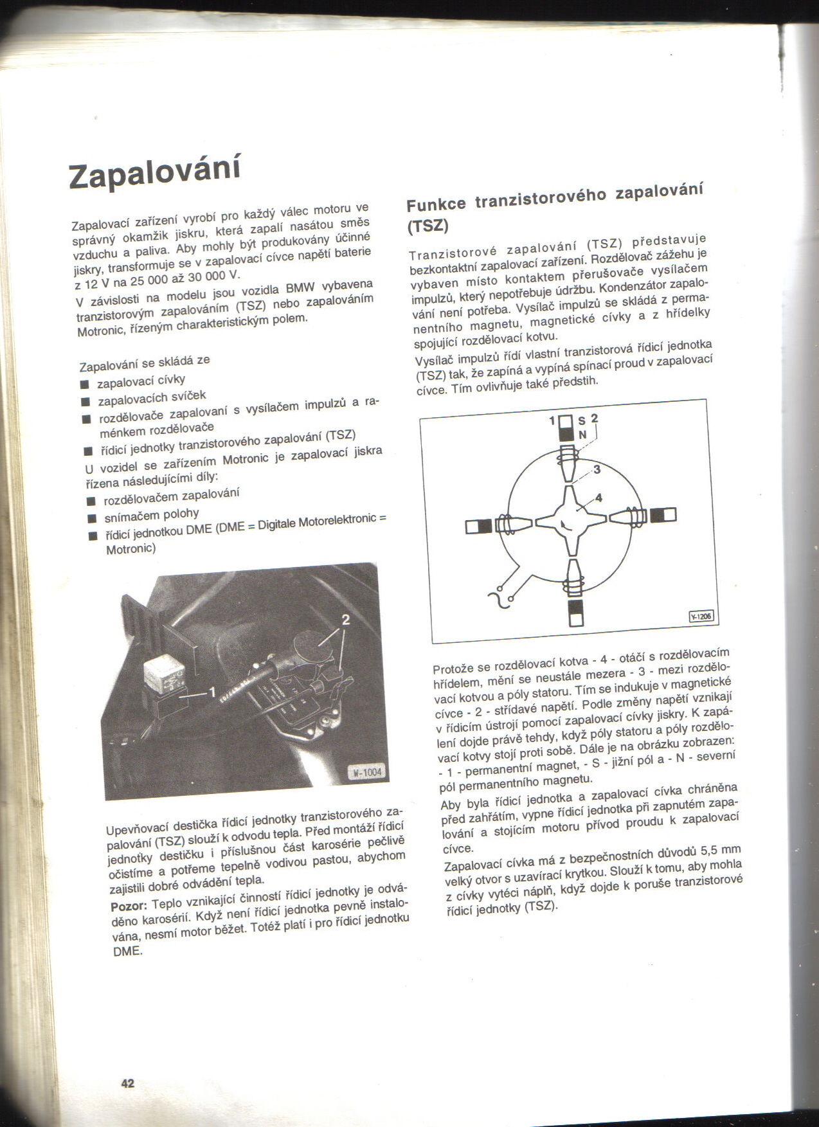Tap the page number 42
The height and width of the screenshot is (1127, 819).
pos(128,1083)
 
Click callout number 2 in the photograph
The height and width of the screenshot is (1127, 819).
pos(345,619)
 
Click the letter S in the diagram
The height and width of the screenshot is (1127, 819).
pos(581,421)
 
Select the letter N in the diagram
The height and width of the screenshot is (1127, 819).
pos(582,435)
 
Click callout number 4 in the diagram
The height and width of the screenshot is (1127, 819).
pos(598,497)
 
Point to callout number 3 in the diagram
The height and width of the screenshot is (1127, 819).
pos(596,469)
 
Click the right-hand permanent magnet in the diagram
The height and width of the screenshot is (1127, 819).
pos(663,515)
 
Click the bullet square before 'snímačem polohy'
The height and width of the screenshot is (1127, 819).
pos(91,518)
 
